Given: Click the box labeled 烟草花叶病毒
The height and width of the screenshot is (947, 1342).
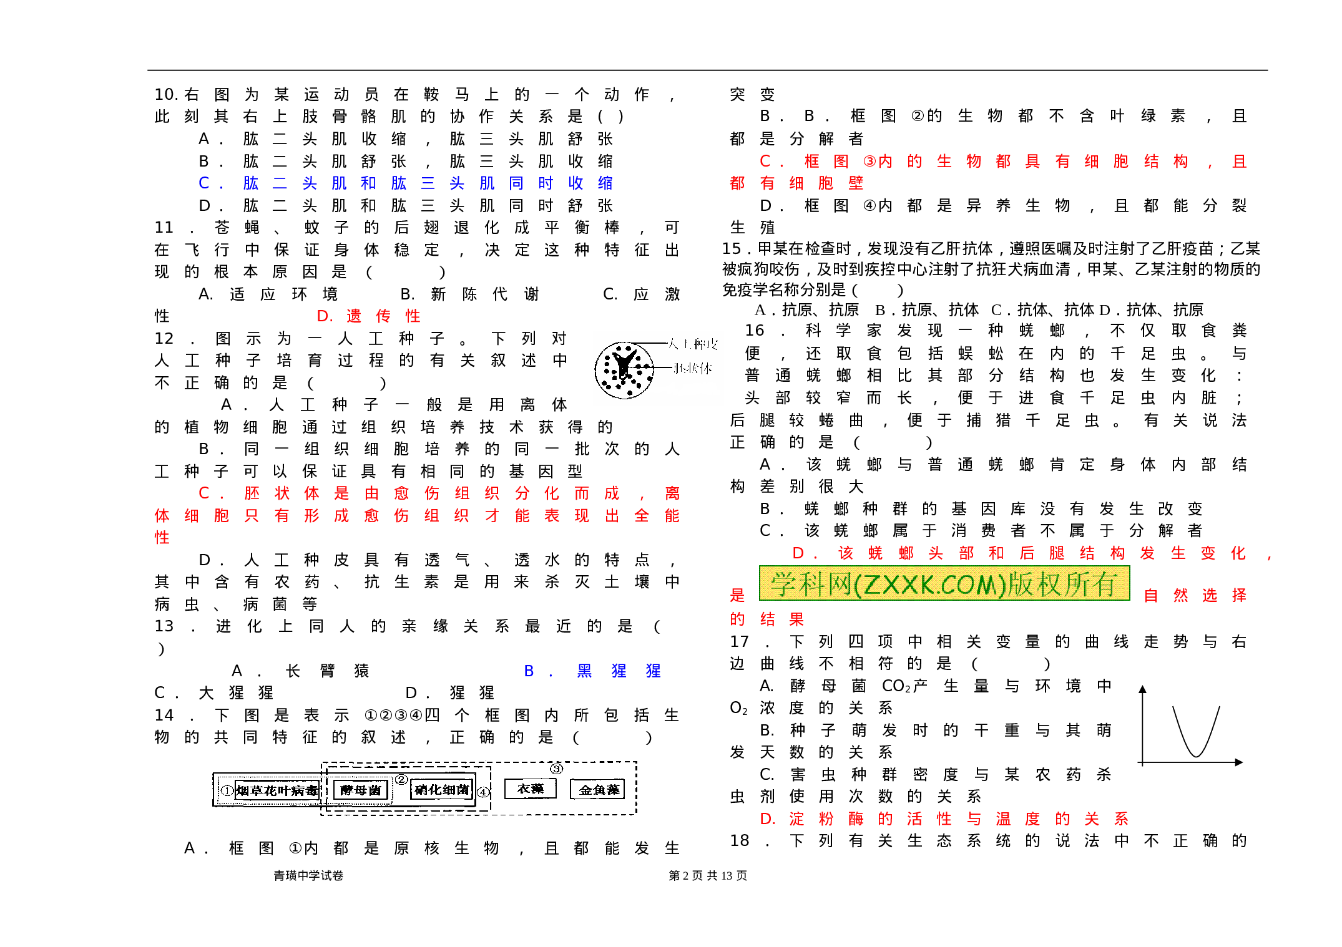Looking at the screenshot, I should (277, 790).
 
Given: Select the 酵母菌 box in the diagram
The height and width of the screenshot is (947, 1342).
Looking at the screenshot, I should (361, 790).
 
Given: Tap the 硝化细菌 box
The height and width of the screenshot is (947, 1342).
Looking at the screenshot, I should (442, 790).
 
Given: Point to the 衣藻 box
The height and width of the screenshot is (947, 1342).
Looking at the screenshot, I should (530, 789).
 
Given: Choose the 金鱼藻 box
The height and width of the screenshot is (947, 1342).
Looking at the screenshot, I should (598, 790).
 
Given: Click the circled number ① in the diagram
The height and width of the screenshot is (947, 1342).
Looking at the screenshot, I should (227, 790).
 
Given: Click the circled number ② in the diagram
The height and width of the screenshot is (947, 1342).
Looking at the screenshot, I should (401, 779).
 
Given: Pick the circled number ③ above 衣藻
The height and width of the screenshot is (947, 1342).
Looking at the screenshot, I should (556, 769).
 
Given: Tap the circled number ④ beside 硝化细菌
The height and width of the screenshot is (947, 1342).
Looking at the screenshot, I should (483, 792).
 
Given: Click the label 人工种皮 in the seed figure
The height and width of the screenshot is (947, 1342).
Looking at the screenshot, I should (693, 344).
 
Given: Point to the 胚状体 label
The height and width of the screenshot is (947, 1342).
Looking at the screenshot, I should (693, 369).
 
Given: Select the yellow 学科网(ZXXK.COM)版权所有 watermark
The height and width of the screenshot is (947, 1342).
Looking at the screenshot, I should (944, 583).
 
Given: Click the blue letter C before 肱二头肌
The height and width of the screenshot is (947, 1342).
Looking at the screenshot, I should (203, 183).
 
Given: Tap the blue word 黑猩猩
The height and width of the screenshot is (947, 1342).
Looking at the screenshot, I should (619, 671).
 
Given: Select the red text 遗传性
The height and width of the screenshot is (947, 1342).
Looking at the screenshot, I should (383, 316).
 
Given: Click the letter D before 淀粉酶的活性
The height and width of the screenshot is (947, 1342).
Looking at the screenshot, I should (767, 819).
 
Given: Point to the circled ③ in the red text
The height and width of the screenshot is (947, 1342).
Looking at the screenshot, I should (869, 162).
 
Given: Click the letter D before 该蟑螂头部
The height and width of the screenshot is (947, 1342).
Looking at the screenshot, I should (798, 553).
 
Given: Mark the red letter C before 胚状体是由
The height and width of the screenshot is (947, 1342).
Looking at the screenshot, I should (203, 493).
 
